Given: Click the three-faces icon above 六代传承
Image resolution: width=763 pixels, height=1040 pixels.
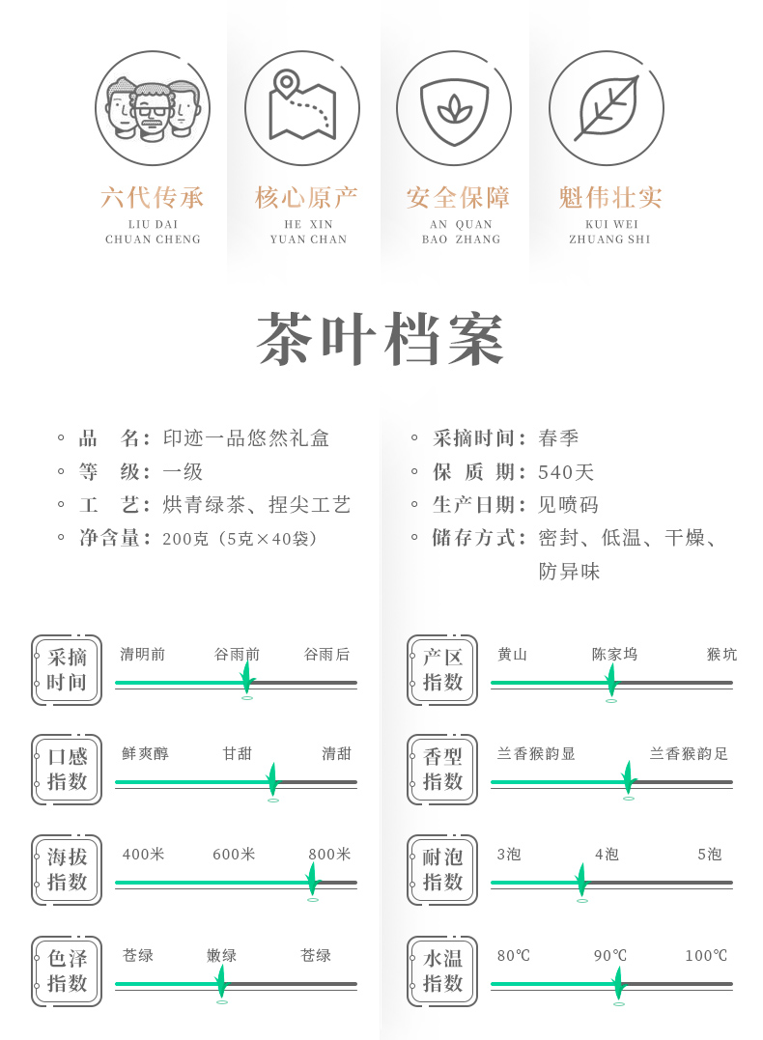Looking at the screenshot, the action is coord(153,107).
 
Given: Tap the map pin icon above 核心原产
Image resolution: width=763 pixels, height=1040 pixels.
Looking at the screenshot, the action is coord(302,107).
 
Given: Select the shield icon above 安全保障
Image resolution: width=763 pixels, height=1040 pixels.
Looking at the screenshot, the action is coord(454,107).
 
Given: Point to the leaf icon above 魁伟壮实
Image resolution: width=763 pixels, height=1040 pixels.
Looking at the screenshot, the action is coord(606,107).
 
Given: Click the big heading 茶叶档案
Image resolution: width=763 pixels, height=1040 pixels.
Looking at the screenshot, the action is coord(381,340).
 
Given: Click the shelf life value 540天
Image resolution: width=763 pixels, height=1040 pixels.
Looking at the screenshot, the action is coord(567,472).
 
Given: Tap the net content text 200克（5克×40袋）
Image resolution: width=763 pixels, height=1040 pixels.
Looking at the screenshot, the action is coord(240,538).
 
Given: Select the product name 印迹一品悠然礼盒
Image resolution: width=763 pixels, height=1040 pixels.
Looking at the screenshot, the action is coord(246,438).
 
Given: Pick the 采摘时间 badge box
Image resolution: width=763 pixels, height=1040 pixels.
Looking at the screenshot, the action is coord(67,669).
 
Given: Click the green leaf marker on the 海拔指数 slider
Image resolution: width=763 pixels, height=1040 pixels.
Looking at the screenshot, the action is coord(311,879).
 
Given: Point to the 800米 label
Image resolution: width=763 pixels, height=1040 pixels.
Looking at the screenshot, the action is coord(330,855).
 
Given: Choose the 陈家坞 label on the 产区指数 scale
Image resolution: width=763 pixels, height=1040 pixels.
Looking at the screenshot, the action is coord(614,655).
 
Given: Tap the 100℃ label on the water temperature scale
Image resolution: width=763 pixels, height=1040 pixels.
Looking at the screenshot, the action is coord(706,956).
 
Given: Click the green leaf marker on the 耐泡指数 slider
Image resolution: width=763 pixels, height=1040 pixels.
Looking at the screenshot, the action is coord(580,880).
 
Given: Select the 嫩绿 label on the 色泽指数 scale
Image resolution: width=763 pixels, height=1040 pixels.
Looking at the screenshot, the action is coord(221,956).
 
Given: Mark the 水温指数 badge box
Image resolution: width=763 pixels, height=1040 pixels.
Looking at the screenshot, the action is coord(442,971).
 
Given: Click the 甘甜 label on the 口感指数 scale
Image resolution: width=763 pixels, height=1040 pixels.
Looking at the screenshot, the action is coord(238,754).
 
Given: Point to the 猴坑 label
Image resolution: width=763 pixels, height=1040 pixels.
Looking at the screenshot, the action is coord(721,655).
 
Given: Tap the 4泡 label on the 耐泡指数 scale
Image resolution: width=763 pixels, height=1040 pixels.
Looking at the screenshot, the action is coord(607,855).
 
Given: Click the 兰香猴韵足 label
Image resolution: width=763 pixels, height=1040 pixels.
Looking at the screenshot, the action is coord(689,754).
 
